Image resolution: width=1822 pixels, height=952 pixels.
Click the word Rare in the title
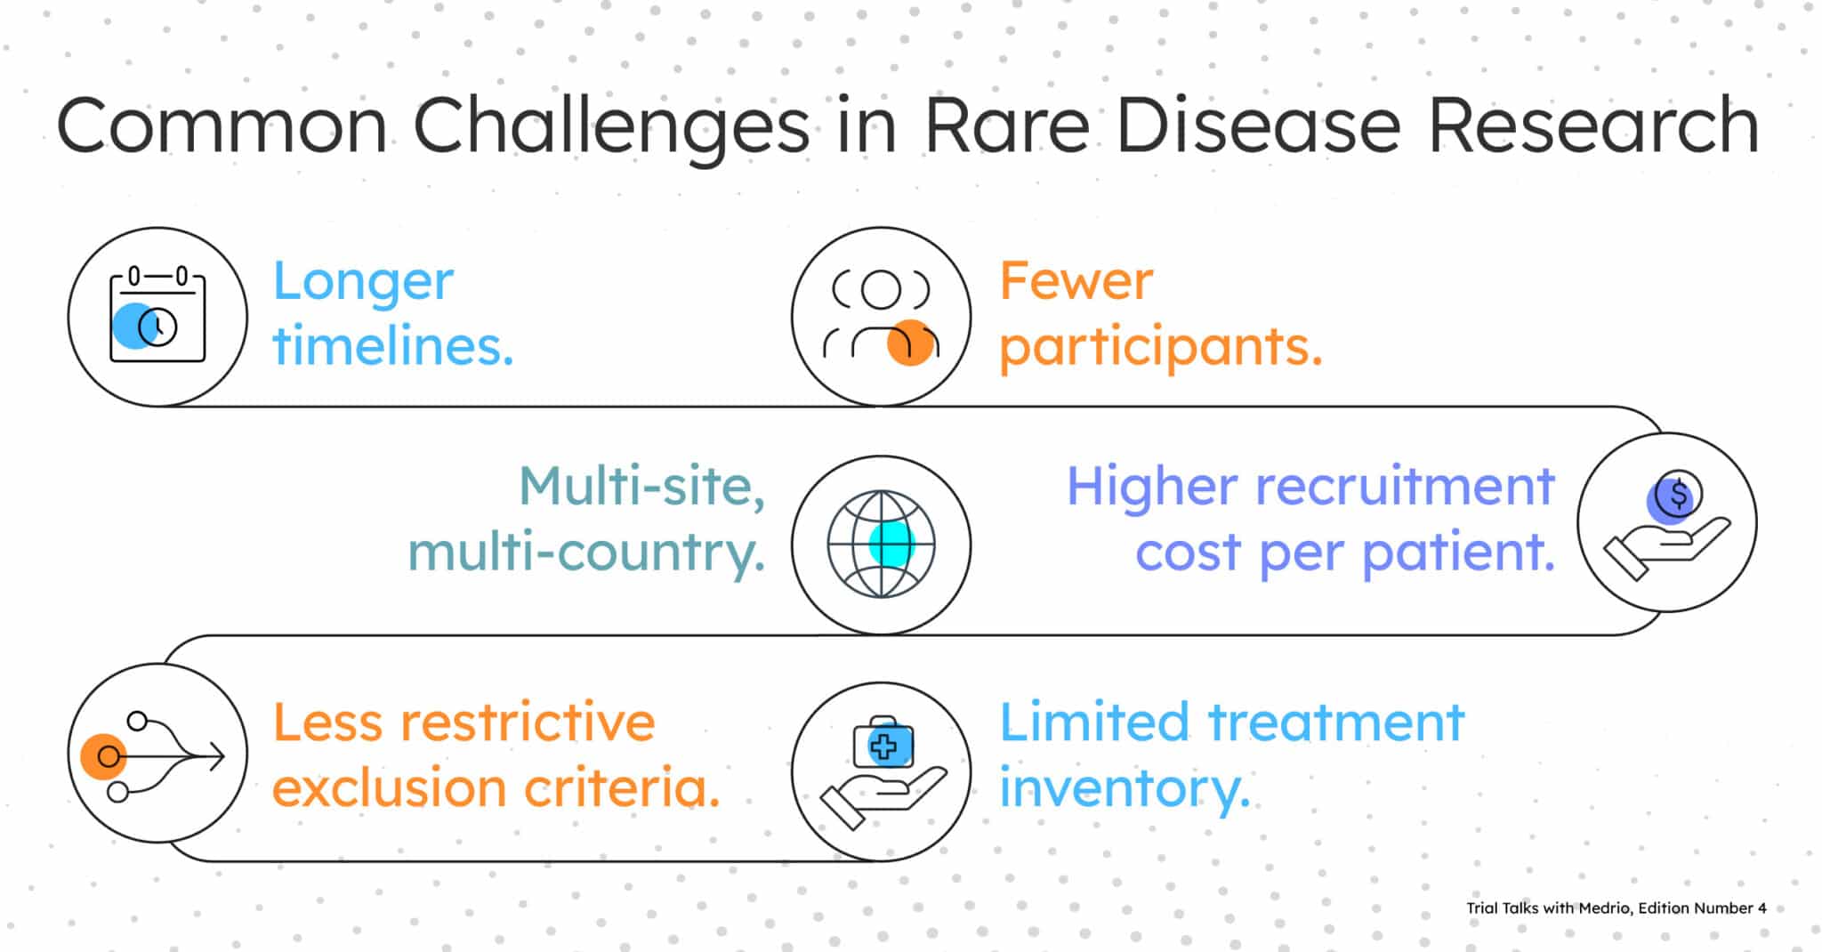point(1006,126)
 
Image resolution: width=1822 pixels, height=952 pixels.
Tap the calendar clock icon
point(157,317)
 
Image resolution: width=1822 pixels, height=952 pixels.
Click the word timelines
point(392,347)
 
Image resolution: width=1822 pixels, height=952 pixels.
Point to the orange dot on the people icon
point(910,343)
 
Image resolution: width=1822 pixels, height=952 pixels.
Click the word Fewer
point(1076,281)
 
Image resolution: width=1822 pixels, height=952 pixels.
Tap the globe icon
point(881,544)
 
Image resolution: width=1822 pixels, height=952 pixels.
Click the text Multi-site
point(641,488)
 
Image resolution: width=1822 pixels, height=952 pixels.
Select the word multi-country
point(586,553)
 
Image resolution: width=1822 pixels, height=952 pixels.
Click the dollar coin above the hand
point(1678,495)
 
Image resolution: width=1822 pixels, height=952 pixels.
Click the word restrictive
point(527,722)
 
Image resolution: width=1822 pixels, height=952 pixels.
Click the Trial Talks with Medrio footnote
point(1616,908)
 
